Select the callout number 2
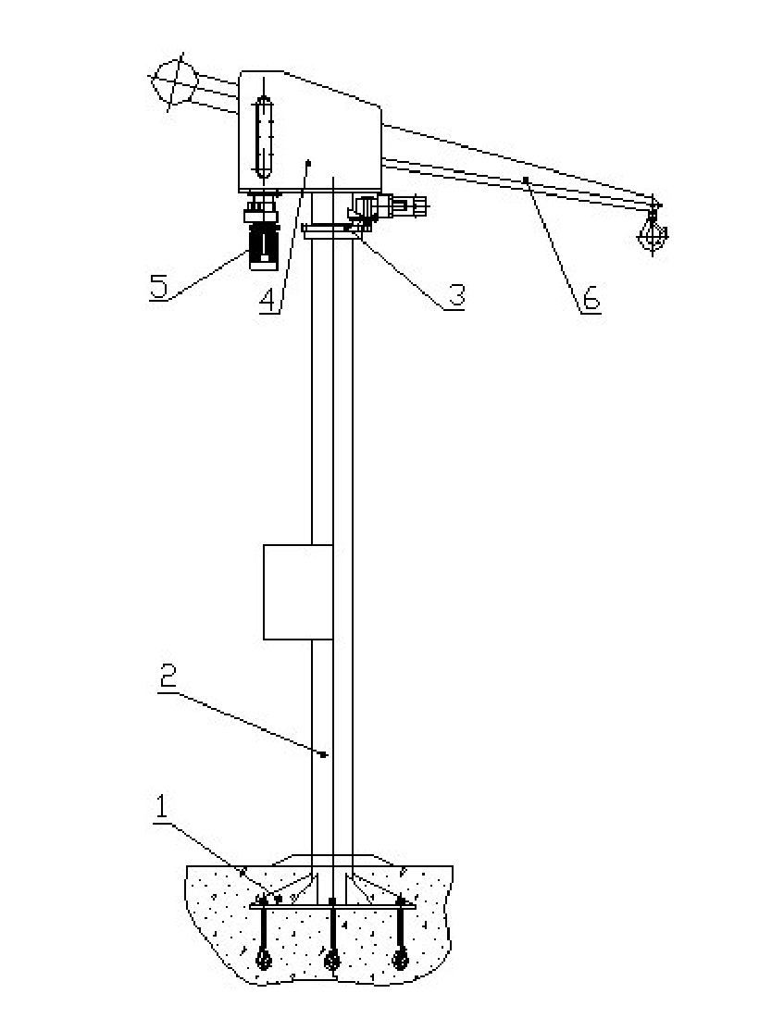point(169,677)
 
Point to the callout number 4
point(268,302)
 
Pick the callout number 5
point(158,287)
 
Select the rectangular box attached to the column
point(298,591)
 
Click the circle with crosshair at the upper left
point(174,81)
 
